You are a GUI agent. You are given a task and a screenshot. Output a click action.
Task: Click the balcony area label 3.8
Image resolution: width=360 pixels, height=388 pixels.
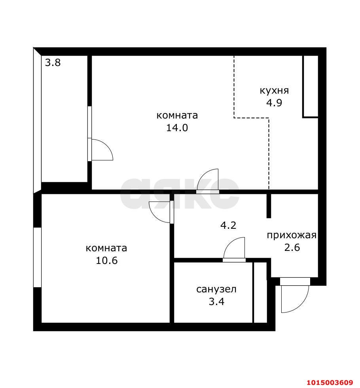[x=53, y=62]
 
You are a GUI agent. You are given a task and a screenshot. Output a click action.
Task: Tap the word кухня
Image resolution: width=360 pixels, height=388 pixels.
[x=274, y=90]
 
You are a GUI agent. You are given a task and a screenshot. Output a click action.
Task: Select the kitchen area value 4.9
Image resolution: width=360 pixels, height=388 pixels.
[x=274, y=103]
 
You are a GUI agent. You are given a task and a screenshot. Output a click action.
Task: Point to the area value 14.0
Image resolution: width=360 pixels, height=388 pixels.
[x=177, y=128]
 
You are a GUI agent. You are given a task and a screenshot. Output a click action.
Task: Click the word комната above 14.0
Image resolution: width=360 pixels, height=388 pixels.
[x=177, y=115]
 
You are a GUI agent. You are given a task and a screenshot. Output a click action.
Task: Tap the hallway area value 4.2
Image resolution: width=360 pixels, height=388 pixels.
[x=228, y=226]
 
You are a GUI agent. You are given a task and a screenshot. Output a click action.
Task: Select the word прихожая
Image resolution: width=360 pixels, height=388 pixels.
[x=292, y=235]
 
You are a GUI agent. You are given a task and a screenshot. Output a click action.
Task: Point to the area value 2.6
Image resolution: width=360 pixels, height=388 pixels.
[x=292, y=249]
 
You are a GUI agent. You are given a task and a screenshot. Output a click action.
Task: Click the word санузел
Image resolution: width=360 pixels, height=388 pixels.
[x=216, y=289]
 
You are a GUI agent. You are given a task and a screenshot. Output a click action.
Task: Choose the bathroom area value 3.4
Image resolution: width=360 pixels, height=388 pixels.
[x=216, y=302]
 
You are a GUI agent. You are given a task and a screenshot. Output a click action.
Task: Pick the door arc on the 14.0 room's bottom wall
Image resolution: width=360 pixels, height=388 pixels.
[x=208, y=180]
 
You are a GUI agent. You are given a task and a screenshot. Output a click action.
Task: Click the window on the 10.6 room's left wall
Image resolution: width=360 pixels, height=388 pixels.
[x=37, y=257]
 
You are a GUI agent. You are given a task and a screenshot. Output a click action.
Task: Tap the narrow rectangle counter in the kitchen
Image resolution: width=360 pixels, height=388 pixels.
[x=311, y=87]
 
